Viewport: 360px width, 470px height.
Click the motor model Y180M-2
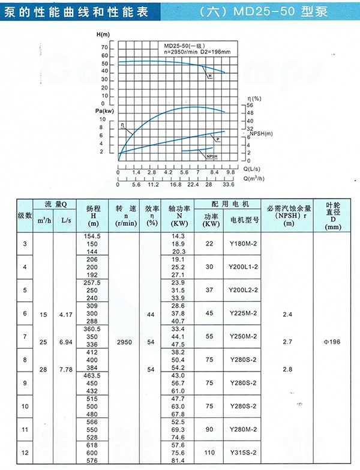tap(244, 244)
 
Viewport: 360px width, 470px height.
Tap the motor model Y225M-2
tap(244, 313)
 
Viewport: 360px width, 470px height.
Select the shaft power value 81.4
tap(179, 460)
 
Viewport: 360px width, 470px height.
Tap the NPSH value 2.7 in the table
tap(287, 342)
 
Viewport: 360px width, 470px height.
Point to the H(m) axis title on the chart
tap(104, 37)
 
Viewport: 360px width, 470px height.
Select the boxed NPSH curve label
tap(211, 156)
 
